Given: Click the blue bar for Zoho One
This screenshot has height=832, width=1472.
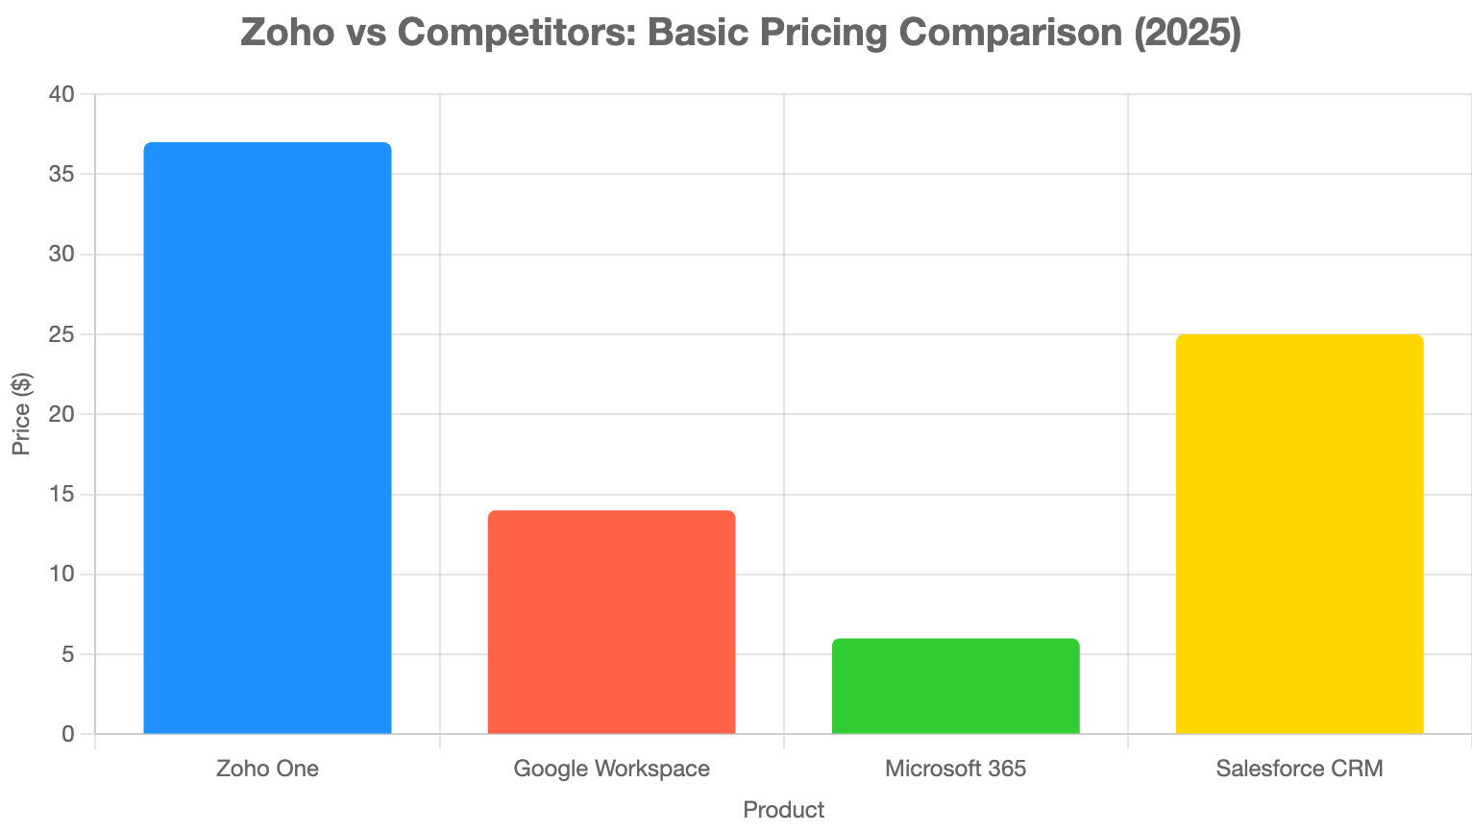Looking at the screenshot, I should click(267, 438).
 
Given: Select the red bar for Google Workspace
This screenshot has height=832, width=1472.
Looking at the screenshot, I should click(611, 623).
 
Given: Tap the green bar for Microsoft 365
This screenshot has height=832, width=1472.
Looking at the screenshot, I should click(955, 686).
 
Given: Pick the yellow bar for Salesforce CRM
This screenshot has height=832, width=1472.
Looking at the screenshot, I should click(1299, 534).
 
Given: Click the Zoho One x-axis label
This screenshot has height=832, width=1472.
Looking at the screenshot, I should click(267, 770).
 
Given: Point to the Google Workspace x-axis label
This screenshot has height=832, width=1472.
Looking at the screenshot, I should click(611, 770).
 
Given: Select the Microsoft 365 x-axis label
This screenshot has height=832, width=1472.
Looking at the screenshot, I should click(955, 770).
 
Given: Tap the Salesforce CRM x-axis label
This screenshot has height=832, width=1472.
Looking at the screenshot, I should click(1299, 770).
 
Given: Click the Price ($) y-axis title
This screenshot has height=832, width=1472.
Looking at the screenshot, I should click(21, 414).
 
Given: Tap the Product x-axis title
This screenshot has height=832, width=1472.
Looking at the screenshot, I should click(783, 810).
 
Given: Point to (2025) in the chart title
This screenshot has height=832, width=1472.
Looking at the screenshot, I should click(1187, 33).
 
